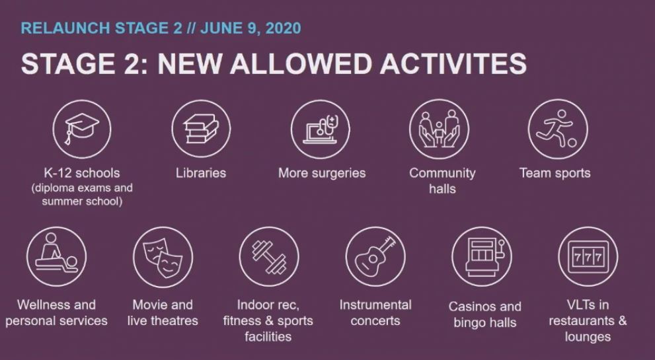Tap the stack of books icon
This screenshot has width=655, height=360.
coord(201,129)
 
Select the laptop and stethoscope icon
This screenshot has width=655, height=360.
coord(320,129)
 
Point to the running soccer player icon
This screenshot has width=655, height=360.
coord(557,129)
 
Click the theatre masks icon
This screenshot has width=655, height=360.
coord(163,257)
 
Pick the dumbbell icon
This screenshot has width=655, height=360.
coord(269,257)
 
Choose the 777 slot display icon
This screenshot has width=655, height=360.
coord(588,257)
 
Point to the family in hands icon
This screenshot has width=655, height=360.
coord(439,129)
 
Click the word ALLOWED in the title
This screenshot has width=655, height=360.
coord(300,64)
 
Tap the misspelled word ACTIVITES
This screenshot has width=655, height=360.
coord(453,64)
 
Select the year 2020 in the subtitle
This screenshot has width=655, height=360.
coord(283,28)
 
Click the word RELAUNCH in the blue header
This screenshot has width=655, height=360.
coord(65,28)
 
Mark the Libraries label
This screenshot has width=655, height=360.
coord(201,173)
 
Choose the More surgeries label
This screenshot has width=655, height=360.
coord(322,173)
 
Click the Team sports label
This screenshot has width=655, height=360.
coord(555,173)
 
